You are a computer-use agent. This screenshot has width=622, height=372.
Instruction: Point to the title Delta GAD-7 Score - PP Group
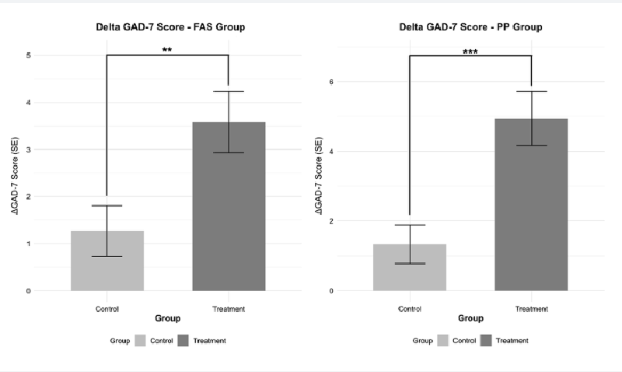pyautogui.click(x=471, y=27)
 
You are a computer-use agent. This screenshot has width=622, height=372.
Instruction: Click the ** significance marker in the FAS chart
pyautogui.click(x=167, y=51)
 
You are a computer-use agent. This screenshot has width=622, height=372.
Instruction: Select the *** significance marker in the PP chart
pyautogui.click(x=470, y=51)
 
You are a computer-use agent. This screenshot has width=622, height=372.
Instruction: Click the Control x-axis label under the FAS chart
pyautogui.click(x=107, y=309)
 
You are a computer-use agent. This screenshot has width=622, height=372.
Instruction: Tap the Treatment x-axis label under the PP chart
pyautogui.click(x=531, y=309)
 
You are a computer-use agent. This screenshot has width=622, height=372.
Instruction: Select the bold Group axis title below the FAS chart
pyautogui.click(x=168, y=318)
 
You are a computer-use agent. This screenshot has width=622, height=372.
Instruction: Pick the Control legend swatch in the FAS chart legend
pyautogui.click(x=141, y=340)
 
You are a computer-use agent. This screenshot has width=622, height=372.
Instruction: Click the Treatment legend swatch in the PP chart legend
pyautogui.click(x=487, y=340)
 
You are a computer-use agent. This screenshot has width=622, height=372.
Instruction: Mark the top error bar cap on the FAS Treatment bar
pyautogui.click(x=229, y=92)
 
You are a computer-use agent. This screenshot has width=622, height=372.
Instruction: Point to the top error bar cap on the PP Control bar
pyautogui.click(x=410, y=225)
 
